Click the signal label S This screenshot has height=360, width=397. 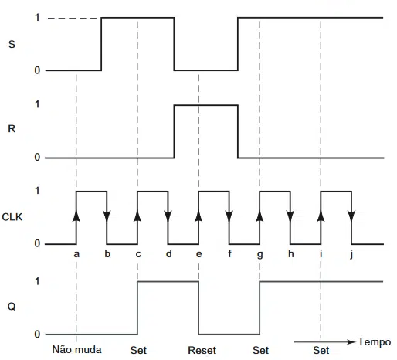click(x=12, y=44)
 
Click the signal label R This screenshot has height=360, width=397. click(x=12, y=128)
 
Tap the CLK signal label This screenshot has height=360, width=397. click(x=12, y=217)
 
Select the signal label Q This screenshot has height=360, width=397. click(x=12, y=307)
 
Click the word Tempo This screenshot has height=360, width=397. click(x=375, y=342)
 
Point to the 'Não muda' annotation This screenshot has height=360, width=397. click(x=76, y=349)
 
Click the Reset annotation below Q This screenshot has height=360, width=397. click(x=202, y=350)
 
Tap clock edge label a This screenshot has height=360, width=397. click(x=76, y=254)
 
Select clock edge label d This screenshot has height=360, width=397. click(x=168, y=254)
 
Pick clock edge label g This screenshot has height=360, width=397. click(x=260, y=255)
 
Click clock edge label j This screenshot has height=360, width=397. click(x=351, y=254)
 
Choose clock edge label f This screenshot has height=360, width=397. click(x=229, y=253)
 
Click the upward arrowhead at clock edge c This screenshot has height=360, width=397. click(x=137, y=216)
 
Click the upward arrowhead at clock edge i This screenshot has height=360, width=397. click(x=321, y=216)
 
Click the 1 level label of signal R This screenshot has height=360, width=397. click(x=38, y=104)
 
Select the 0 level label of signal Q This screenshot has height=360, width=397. click(x=37, y=335)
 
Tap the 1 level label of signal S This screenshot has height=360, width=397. click(x=38, y=18)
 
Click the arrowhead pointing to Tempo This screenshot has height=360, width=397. click(x=351, y=342)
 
